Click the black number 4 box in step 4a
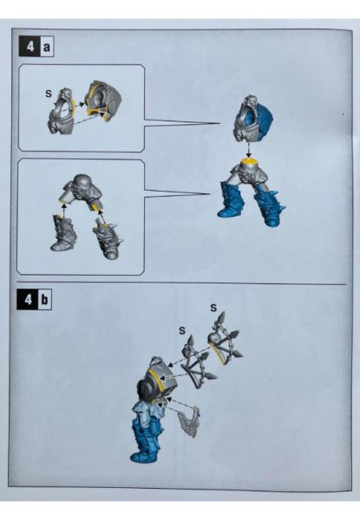coord(29,47)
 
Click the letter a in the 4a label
coord(47,47)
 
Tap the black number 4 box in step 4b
coord(28,300)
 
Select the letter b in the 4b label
coord(45,300)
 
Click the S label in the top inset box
coord(49,94)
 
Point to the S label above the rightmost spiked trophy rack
coord(213,308)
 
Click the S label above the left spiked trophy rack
coord(182,330)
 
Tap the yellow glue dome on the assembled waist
coord(248,163)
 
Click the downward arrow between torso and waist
coord(248,150)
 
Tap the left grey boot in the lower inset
coord(63,233)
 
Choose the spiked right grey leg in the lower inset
coord(108,238)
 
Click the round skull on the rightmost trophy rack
coord(213,338)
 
